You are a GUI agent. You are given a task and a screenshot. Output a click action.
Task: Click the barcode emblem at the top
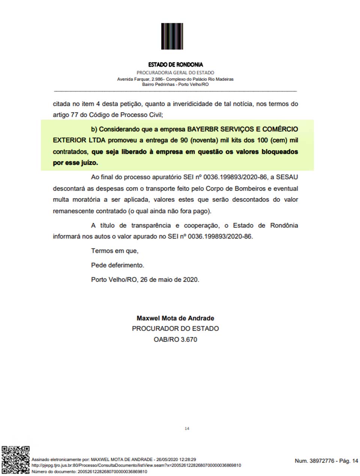pos(172,36)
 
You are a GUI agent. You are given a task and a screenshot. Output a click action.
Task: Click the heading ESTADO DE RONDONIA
pos(175,65)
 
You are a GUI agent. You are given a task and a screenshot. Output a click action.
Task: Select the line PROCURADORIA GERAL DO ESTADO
pos(175,72)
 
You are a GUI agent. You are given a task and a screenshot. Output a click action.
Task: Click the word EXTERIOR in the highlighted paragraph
pos(69,140)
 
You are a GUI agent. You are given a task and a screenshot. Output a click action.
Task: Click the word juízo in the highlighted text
pos(88,163)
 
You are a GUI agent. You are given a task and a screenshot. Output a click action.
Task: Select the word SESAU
pos(287,177)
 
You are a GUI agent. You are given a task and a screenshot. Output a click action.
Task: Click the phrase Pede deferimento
pos(117,265)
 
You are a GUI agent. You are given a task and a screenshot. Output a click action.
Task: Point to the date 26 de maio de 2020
pos(169,279)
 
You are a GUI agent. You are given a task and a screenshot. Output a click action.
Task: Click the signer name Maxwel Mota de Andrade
pos(175,318)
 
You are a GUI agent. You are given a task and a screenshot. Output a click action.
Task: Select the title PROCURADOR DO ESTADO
pos(175,329)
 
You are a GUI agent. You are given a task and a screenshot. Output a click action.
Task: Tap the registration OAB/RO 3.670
pos(175,339)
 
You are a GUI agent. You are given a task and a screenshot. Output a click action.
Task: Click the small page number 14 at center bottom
pos(187,428)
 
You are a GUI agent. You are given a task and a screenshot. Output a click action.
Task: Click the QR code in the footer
pos(15,460)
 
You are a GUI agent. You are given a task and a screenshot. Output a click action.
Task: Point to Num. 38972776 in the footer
pos(314,461)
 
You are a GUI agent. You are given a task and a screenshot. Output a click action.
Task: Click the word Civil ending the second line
pos(155,115)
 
